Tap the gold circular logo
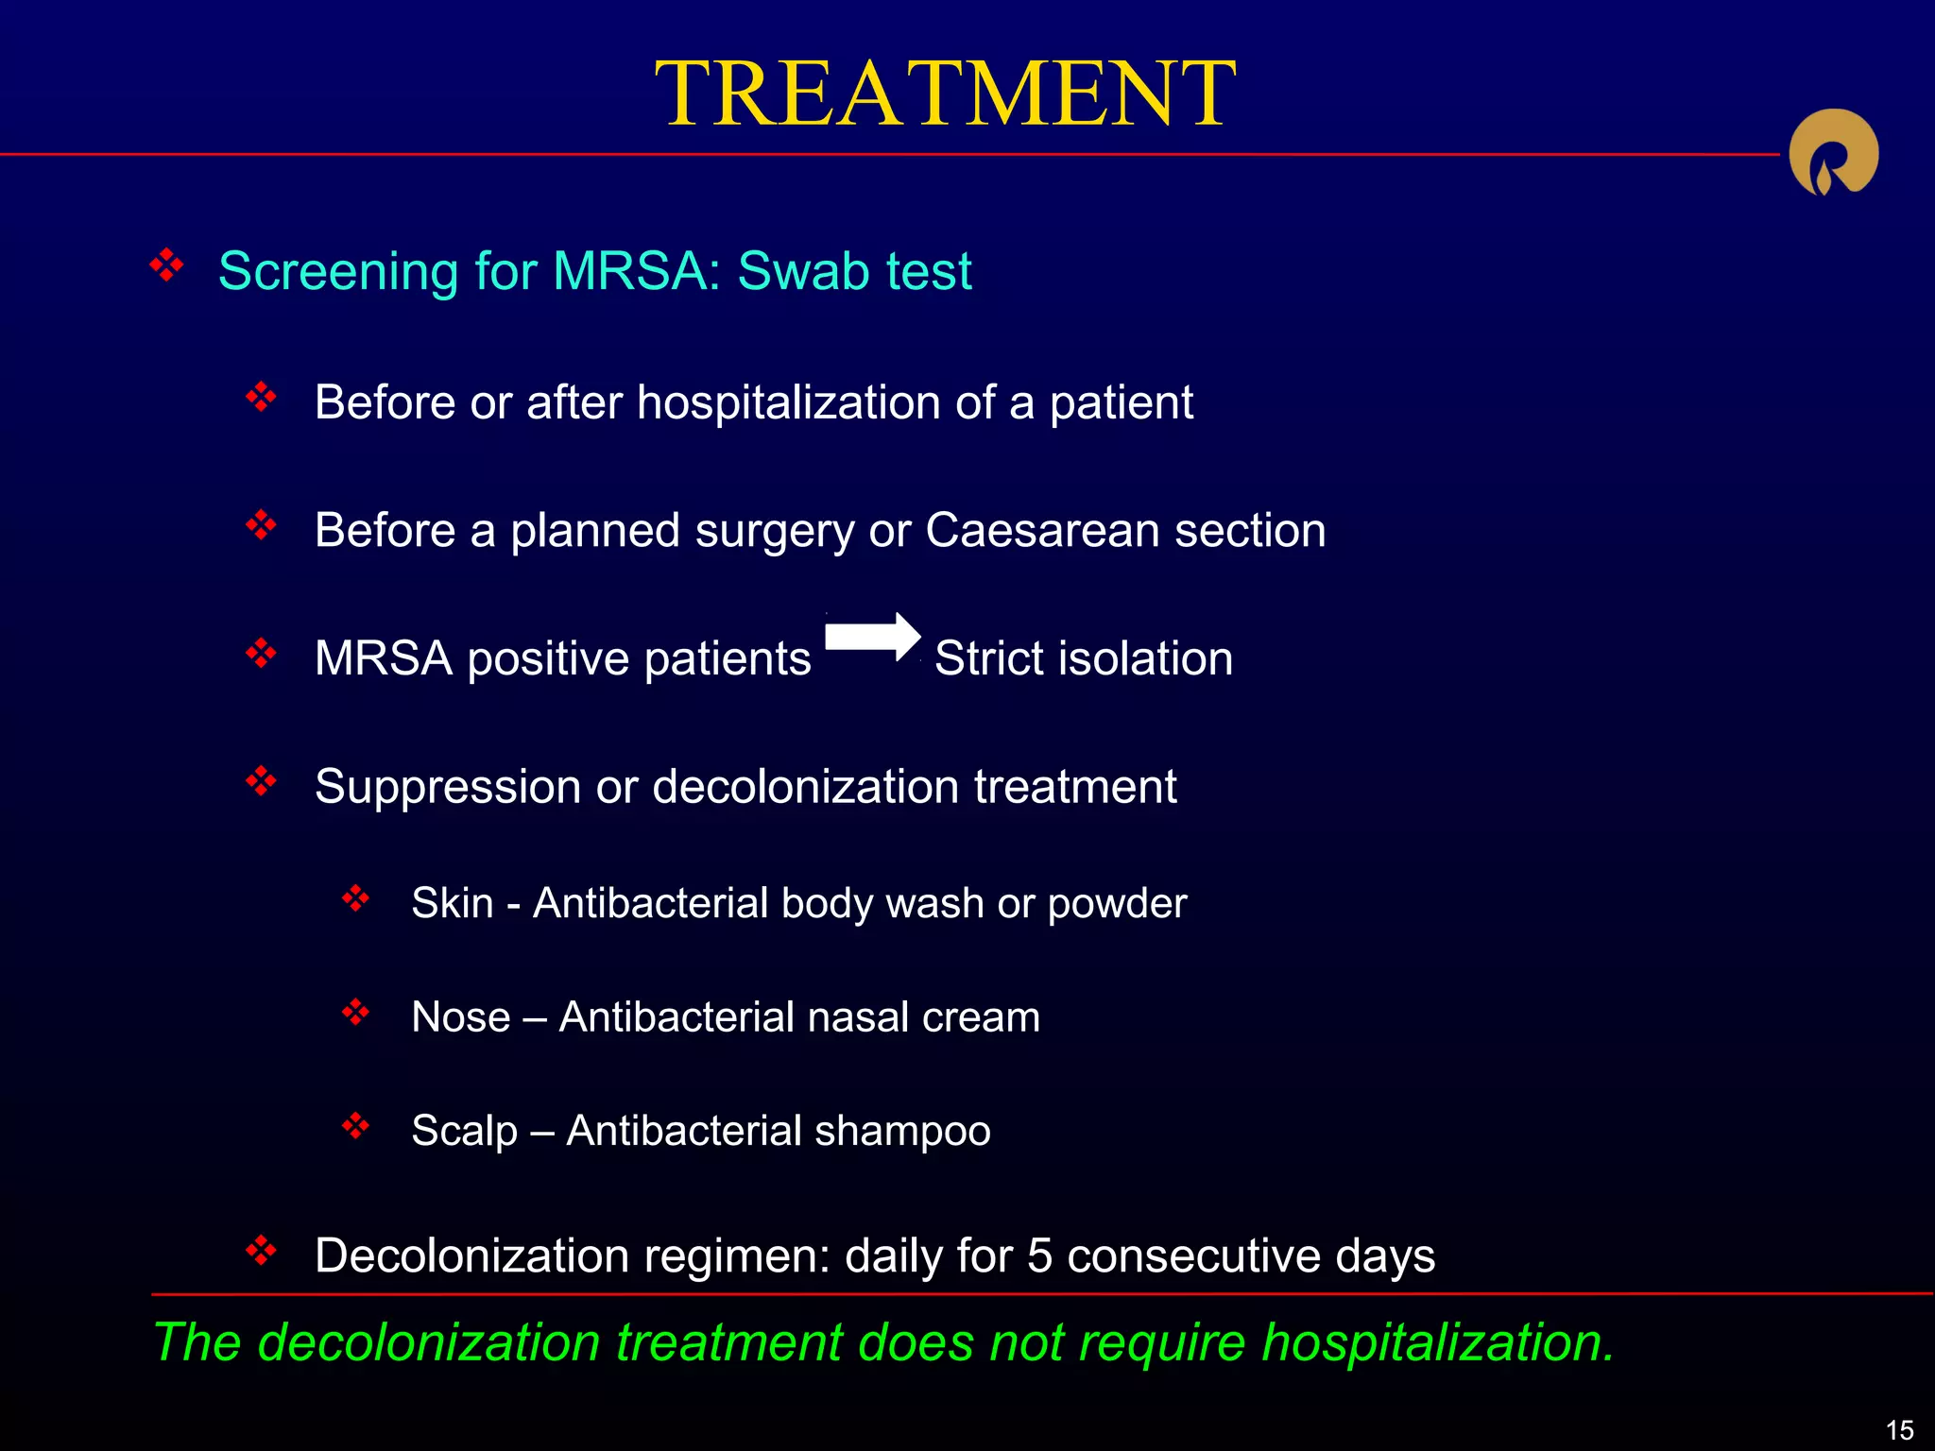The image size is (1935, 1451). [1833, 153]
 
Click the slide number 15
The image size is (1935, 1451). [1899, 1429]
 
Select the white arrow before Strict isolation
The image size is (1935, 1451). [872, 636]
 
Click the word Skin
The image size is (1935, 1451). [452, 903]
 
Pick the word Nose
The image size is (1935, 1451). [460, 1017]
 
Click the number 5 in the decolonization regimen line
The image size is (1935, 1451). [1039, 1256]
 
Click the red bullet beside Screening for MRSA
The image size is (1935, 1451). [166, 265]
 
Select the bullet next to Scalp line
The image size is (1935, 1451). [355, 1125]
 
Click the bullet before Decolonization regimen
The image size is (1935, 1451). [261, 1251]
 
